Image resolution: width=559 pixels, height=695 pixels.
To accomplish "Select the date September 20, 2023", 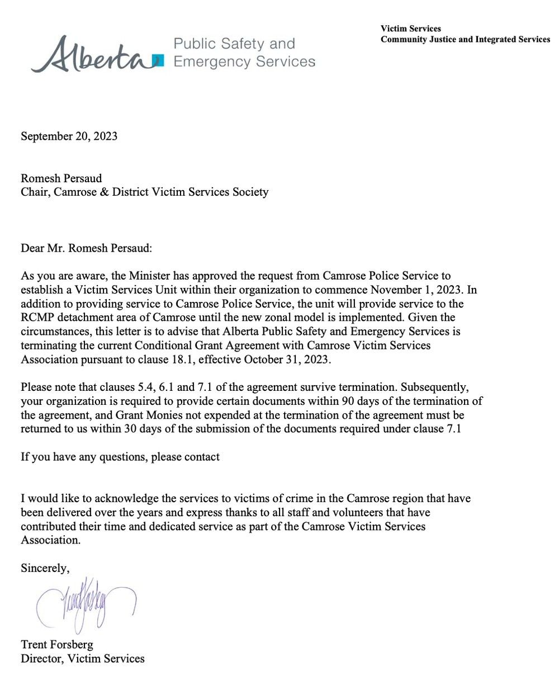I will point(69,136).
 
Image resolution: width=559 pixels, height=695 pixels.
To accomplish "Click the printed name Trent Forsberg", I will point(57,645).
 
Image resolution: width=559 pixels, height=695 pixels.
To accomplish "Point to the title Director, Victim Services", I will point(83,659).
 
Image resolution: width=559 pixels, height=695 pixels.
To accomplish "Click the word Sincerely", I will point(45,568).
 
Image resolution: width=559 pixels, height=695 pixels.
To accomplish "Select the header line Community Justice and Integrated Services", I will point(465,39).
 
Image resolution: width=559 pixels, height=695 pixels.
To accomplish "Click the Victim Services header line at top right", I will point(410,29).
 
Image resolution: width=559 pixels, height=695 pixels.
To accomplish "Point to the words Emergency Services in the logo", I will point(244,62).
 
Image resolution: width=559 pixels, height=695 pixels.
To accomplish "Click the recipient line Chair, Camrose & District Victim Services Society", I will point(144,192).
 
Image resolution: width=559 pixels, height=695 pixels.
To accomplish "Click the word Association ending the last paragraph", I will point(50,540).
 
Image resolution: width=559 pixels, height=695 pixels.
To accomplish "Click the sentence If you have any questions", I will point(120,457).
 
